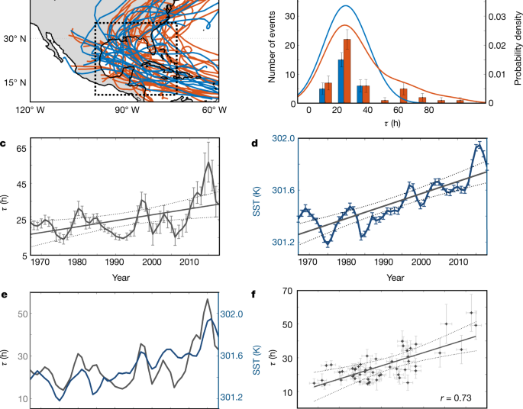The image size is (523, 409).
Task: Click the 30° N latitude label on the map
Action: [15, 39]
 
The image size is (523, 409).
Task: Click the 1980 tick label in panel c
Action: [76, 262]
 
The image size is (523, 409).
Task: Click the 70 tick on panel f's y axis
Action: [289, 291]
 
